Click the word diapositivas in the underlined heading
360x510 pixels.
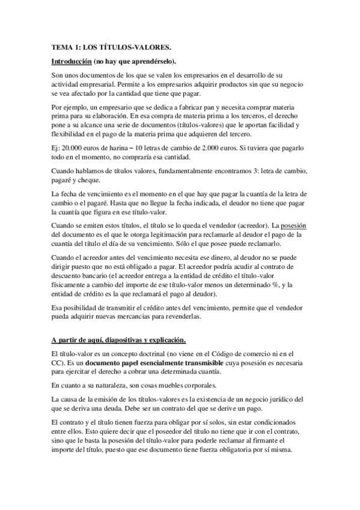coord(125,339)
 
